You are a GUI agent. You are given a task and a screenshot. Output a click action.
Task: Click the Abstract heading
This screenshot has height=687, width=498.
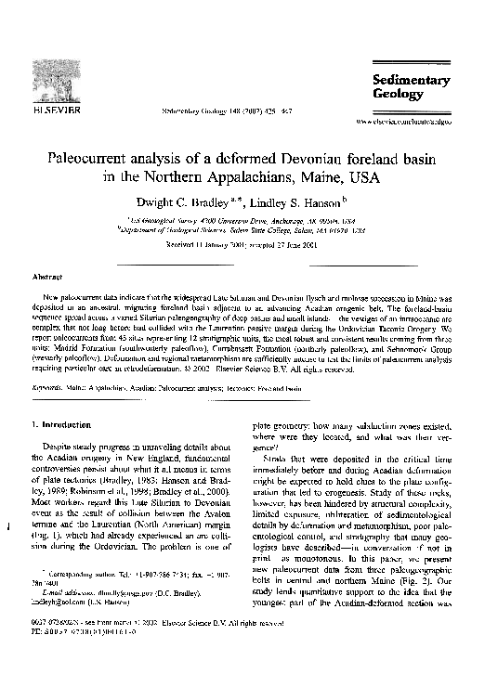tap(46, 277)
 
